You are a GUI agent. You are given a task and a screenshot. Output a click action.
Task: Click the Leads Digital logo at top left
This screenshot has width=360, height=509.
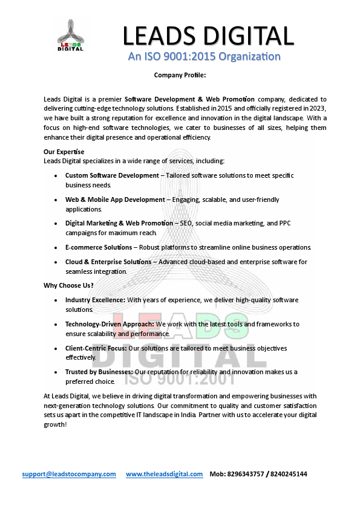[71, 34]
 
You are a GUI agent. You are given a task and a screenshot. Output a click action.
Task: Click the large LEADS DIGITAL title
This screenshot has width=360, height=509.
[208, 36]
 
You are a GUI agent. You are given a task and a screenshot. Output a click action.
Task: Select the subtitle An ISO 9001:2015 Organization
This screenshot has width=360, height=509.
[205, 57]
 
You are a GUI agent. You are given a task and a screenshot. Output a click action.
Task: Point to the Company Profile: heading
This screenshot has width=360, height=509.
[180, 75]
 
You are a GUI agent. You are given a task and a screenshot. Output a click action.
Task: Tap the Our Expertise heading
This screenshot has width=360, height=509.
[64, 152]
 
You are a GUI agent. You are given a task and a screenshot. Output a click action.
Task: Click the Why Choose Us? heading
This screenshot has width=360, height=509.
[68, 285]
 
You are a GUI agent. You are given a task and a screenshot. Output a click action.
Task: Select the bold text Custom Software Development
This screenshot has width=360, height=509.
[112, 175]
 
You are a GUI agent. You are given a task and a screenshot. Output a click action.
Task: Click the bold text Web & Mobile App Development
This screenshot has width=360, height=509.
[115, 199]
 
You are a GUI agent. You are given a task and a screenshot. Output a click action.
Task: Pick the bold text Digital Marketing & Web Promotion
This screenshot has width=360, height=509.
[119, 223]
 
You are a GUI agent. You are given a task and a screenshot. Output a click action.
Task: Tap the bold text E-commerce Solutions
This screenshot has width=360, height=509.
[99, 247]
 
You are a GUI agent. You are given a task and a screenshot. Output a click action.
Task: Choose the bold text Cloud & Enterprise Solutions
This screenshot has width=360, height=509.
[108, 262]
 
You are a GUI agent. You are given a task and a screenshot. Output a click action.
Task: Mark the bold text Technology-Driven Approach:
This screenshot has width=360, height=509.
[110, 324]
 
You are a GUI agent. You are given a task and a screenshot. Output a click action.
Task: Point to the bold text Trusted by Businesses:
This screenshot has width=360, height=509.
[99, 372]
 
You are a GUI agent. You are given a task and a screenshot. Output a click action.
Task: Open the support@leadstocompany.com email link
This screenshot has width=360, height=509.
[69, 474]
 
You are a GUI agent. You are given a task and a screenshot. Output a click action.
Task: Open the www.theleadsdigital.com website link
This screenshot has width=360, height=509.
[165, 474]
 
